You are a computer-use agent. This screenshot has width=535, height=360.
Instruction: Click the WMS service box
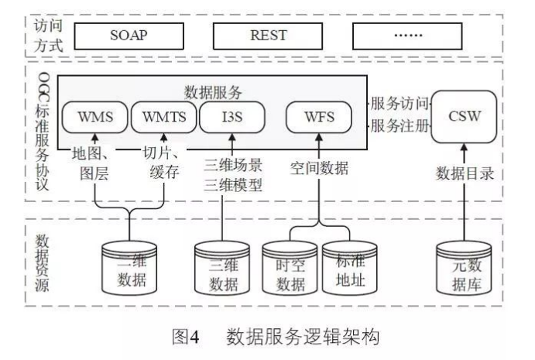pyautogui.click(x=96, y=118)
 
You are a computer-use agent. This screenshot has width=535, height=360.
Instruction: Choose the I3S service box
pyautogui.click(x=232, y=118)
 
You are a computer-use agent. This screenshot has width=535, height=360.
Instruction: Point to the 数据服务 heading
pyautogui.click(x=210, y=91)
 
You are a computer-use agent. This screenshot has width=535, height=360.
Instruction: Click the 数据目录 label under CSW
pyautogui.click(x=465, y=171)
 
